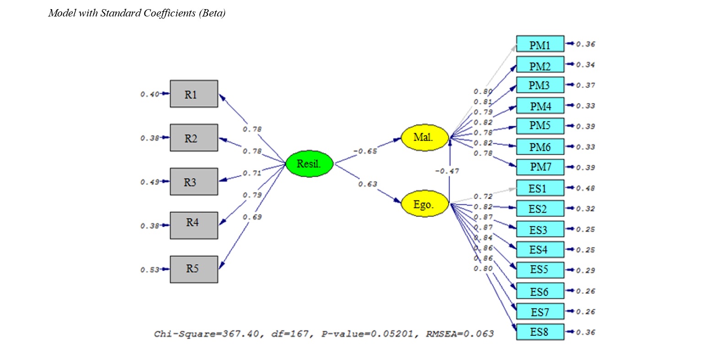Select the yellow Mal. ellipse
pos(424,137)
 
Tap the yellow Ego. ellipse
pos(424,204)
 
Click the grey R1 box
pos(194,94)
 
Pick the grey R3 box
pos(194,182)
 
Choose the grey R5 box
pos(194,269)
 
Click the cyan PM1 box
pos(540,44)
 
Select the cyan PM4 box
pos(540,106)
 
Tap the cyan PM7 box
pos(540,167)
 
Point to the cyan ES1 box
pos(540,188)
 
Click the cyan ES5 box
pos(540,270)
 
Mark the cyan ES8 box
pos(540,332)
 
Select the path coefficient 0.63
pos(367,184)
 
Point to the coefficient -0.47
pos(447,171)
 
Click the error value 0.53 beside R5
pos(150,270)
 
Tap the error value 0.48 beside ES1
pos(585,188)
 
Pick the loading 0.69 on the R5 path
pos(252,217)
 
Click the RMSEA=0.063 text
pos(460,334)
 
